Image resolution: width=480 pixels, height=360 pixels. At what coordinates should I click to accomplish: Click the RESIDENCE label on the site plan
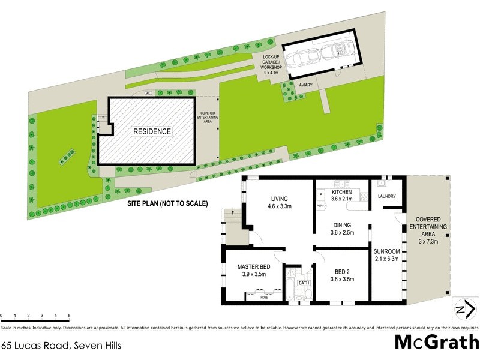click(152, 131)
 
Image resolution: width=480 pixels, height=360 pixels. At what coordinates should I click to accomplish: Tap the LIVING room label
click(280, 199)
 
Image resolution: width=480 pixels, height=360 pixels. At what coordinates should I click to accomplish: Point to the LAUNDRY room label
click(384, 196)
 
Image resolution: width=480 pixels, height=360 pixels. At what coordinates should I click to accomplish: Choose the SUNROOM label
click(386, 251)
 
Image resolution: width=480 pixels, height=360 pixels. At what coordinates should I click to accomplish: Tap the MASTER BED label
click(251, 266)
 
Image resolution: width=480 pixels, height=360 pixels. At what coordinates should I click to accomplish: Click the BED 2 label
click(340, 271)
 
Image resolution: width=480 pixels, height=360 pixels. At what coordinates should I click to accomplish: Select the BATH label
click(304, 283)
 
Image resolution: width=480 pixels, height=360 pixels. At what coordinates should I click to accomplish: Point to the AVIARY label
click(307, 86)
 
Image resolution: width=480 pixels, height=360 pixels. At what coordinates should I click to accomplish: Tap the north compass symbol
click(466, 310)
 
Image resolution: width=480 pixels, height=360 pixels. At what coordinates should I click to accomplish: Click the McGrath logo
click(436, 343)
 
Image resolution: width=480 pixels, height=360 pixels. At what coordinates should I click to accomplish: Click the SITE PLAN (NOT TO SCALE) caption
click(167, 204)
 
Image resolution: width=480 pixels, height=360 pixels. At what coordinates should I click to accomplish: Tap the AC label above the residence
click(148, 94)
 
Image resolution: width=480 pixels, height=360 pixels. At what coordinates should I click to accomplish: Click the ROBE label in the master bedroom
click(264, 296)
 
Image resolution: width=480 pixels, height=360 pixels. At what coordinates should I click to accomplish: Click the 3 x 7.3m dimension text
click(428, 242)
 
